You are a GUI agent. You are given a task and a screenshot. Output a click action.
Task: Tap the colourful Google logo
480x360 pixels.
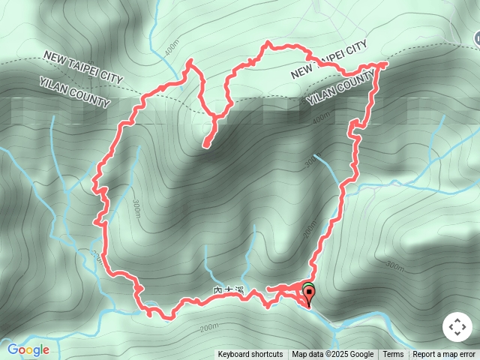click(x=28, y=349)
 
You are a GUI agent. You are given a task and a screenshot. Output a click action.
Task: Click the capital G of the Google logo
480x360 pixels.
click(x=13, y=349)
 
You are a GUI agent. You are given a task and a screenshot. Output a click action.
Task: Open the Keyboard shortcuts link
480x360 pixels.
click(x=250, y=355)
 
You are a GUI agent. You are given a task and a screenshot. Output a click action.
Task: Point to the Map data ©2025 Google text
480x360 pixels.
click(x=333, y=355)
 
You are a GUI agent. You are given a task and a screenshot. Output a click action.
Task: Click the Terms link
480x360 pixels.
click(x=393, y=355)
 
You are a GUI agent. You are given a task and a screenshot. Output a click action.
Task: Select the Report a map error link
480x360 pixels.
click(x=444, y=355)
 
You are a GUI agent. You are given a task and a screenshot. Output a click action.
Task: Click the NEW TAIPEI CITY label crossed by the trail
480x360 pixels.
click(x=328, y=60)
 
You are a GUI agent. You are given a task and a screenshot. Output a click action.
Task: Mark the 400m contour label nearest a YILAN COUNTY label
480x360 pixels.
click(x=321, y=116)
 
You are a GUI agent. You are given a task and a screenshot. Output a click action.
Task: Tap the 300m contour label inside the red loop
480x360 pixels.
click(x=135, y=209)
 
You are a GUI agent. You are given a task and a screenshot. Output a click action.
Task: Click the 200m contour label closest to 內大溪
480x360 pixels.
click(x=208, y=327)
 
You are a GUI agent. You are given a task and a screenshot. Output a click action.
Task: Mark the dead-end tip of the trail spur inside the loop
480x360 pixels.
click(x=205, y=147)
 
